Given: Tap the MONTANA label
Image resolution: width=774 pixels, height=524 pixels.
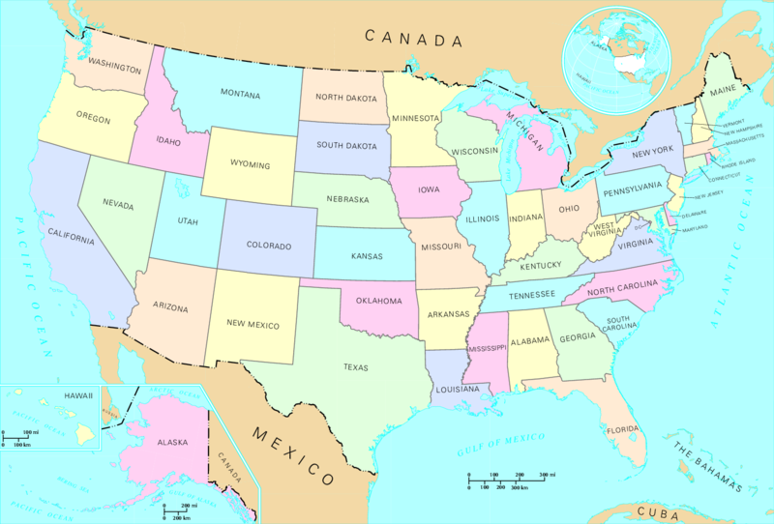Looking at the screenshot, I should click(240, 94).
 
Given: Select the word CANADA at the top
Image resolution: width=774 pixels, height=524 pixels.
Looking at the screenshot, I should click(413, 39).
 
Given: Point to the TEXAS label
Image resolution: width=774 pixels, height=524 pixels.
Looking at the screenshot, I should click(355, 366).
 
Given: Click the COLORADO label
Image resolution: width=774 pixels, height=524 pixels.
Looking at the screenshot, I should click(261, 245).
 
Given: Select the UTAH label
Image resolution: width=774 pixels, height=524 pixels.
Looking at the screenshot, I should click(187, 221).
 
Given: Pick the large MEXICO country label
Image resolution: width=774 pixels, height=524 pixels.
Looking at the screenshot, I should click(293, 454).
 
